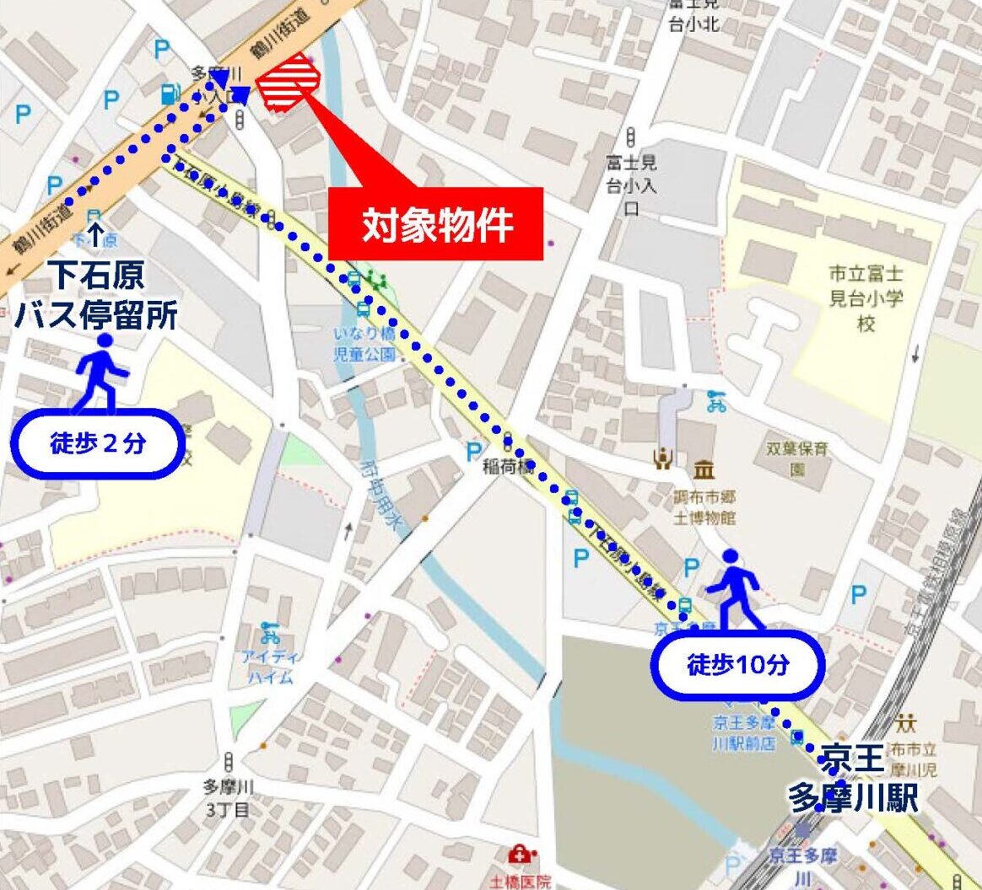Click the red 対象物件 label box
click(435, 224)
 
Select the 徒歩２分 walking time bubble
click(97, 443)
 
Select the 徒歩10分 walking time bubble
click(737, 665)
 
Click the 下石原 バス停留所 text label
click(95, 295)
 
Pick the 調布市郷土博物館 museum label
click(705, 506)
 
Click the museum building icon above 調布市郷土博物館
click(704, 470)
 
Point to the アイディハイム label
click(271, 666)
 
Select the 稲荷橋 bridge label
click(508, 466)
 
